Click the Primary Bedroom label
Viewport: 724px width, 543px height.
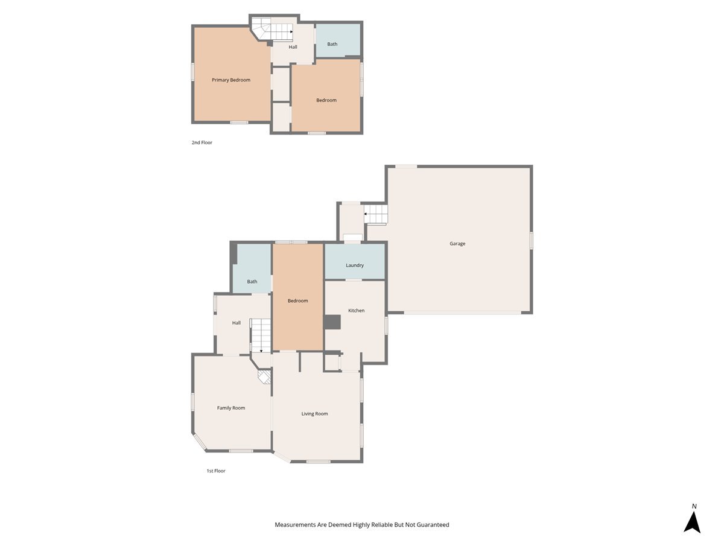[231, 80]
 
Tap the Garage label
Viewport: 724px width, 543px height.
[457, 244]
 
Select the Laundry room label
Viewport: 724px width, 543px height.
[355, 265]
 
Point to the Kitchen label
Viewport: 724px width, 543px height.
[357, 311]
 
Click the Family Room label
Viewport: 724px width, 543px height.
[231, 408]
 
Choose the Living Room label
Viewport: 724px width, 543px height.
[315, 414]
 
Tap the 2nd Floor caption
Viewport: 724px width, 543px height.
[202, 143]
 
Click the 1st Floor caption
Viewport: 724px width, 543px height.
[216, 471]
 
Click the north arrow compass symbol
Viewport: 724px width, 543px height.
[692, 521]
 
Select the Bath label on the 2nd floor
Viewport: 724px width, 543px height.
[332, 44]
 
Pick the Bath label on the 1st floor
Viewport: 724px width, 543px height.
[252, 282]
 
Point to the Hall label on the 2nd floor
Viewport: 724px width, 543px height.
[293, 47]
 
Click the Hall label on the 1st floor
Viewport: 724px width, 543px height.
[237, 323]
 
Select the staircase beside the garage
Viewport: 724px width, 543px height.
[376, 214]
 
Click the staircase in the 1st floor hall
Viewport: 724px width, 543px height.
[261, 335]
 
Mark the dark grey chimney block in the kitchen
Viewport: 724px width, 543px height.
[332, 322]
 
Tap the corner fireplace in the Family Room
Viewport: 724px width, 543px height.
[264, 377]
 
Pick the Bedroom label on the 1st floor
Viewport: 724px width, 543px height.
[298, 301]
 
